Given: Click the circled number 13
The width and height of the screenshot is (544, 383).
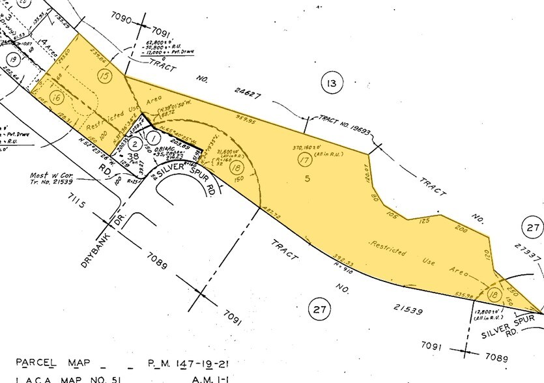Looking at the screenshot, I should pos(331,83).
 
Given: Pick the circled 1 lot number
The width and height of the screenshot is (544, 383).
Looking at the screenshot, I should pos(154,137).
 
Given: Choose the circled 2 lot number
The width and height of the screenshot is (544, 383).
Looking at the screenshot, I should pos(134,143).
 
